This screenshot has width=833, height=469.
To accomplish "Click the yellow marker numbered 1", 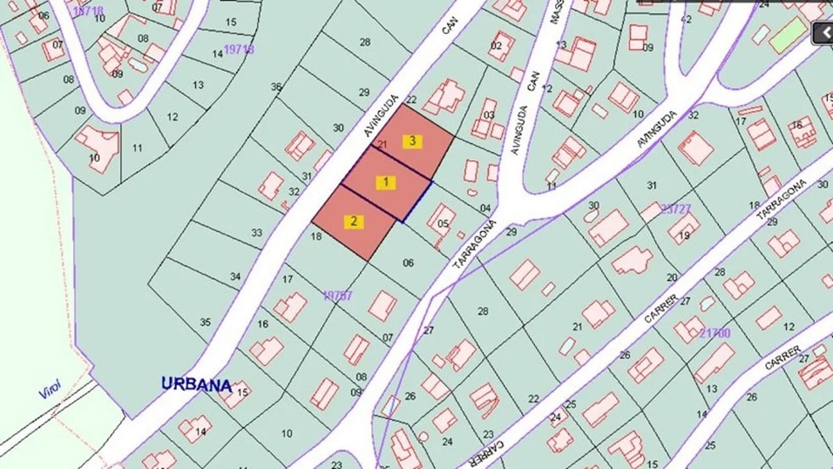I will coord(386,181).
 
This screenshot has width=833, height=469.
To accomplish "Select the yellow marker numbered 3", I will coord(412,141).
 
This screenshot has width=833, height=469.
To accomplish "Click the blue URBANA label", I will coord(196,384).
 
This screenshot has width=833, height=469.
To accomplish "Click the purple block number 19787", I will coord(338,295).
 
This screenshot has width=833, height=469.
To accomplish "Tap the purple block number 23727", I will coord(676,208).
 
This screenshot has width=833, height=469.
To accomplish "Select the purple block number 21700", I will coord(714,334).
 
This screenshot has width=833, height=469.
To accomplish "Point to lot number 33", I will coord(257,233).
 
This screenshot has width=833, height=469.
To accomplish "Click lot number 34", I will coord(235,276).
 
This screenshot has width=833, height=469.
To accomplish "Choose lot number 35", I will coord(205,322).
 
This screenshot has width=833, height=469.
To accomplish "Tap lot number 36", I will coord(276,87).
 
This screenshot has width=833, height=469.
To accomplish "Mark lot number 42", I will coord(686,19).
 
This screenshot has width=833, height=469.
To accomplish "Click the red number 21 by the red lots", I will coord(382,145).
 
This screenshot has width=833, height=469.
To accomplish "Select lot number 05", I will coord(443,223).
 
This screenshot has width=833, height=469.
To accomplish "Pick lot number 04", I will coord(485,208).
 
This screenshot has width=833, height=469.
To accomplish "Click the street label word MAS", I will coord(557,16).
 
